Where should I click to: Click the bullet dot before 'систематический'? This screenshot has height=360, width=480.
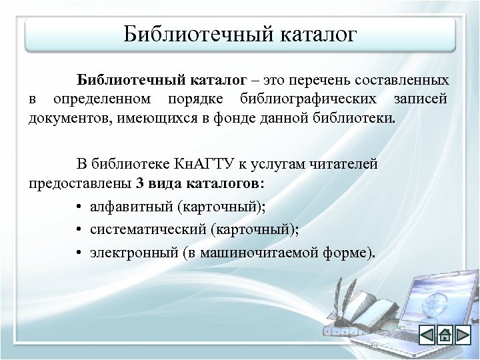79,230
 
